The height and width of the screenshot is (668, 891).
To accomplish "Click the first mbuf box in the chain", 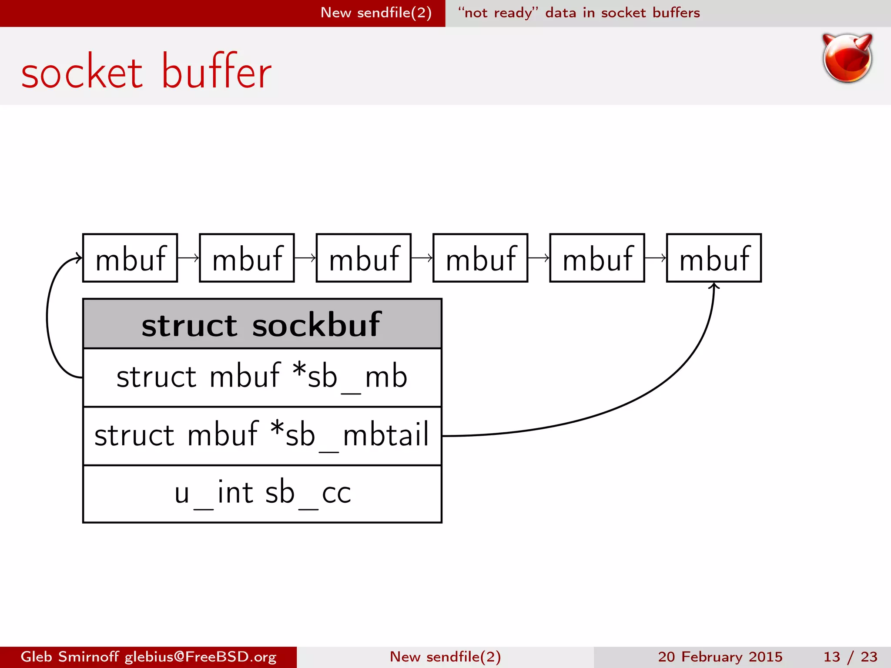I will point(130,258).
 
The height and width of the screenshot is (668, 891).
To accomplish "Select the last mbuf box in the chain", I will point(713,258).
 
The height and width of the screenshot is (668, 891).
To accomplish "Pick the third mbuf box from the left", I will point(364,258).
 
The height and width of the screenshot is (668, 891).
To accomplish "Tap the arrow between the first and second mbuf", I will point(188,258).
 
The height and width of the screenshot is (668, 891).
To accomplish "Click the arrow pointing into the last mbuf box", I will point(655,258).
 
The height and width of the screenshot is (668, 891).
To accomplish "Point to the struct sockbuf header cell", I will point(262,324).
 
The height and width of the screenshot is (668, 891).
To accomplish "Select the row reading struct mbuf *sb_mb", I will point(262,377).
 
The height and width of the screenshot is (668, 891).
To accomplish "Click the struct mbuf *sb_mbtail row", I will point(262,435).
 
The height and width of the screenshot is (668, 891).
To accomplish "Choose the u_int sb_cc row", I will point(262,494).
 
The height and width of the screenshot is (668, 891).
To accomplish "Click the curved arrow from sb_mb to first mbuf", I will point(48,317).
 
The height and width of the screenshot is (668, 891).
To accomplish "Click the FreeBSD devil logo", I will point(847,59).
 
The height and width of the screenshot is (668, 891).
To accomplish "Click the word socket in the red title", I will point(82,72).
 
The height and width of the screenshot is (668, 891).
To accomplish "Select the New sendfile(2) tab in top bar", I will point(376,13).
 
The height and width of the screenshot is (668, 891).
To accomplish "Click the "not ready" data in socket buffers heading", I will point(579,13).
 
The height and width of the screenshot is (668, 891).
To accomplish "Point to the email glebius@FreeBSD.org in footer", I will point(201,657).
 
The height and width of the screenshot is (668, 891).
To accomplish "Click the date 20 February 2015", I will point(720,657).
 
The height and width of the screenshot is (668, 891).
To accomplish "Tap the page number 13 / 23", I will point(850,657).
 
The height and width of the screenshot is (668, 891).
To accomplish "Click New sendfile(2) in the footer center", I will point(445,657).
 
